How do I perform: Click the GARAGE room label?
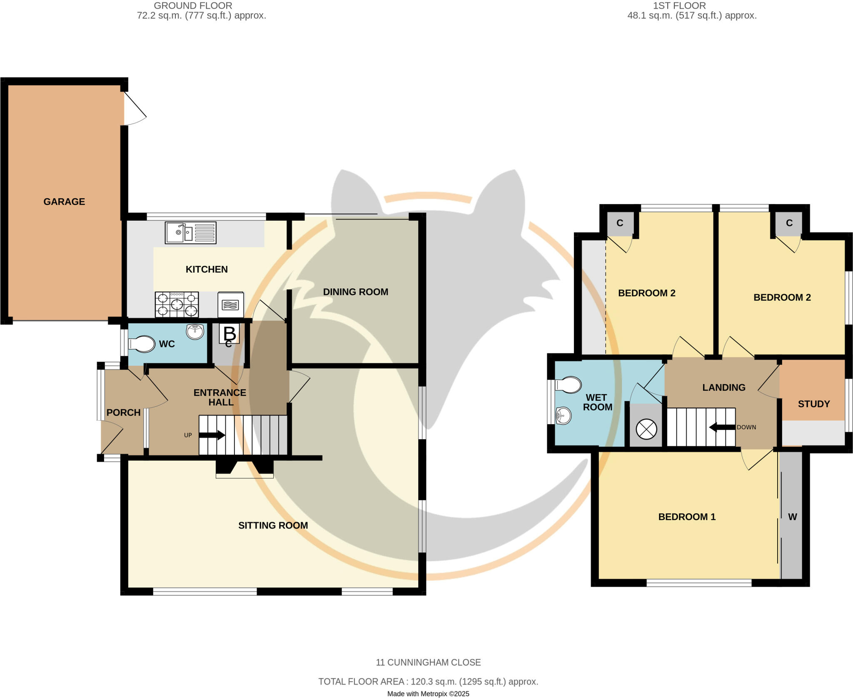[x=64, y=202]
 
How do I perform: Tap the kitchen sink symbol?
[x=190, y=232]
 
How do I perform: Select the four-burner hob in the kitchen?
[x=177, y=304]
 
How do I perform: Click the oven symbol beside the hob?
[x=230, y=305]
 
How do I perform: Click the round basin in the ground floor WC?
[x=195, y=332]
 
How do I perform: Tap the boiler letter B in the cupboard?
[x=229, y=333]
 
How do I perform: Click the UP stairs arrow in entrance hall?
[x=212, y=435]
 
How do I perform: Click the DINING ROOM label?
[x=355, y=292]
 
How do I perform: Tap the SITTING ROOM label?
[x=273, y=525]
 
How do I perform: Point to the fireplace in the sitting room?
[x=244, y=468]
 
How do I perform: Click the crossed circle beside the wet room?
[x=646, y=429]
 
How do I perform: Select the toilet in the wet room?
[x=569, y=385]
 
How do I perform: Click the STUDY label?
[x=813, y=404]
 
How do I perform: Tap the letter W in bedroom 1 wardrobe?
[x=792, y=517]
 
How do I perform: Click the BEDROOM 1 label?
[x=686, y=517]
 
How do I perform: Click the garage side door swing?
[x=134, y=108]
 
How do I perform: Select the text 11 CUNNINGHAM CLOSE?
[x=428, y=662]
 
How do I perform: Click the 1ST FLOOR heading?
[x=679, y=6]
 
